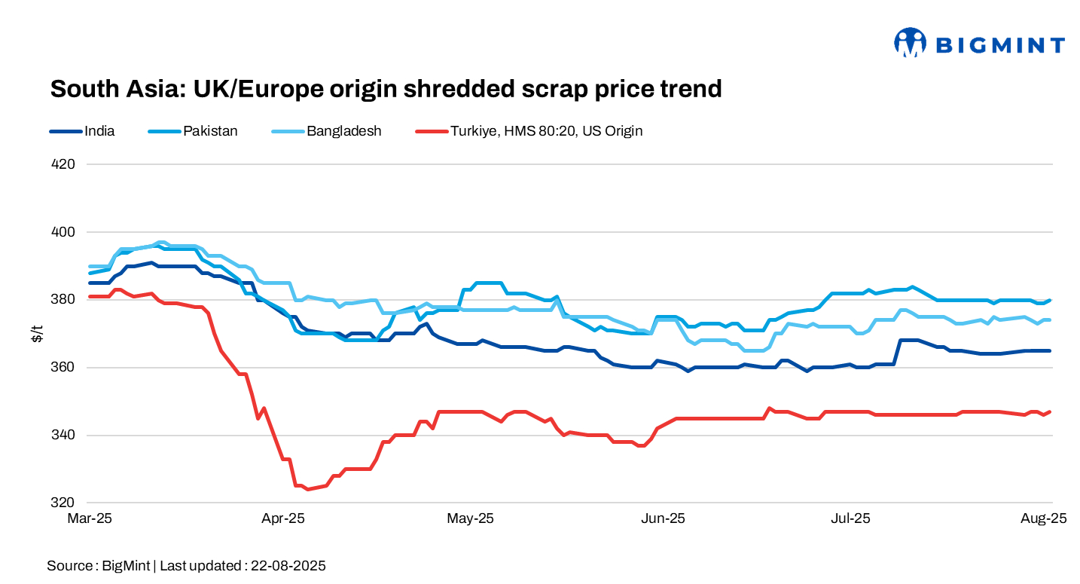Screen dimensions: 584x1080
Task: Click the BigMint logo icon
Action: tap(910, 43)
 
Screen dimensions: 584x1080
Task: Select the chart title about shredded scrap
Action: tap(386, 89)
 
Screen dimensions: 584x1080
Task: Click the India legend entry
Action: tap(99, 131)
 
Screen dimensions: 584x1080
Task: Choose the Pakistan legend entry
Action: tap(210, 131)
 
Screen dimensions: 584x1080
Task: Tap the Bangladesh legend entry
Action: tap(343, 131)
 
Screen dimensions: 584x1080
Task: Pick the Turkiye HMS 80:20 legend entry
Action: tap(546, 131)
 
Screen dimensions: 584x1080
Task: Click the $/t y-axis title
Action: tap(37, 334)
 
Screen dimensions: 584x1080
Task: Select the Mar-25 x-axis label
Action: tap(90, 518)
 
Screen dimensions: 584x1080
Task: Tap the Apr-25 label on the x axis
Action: tap(282, 518)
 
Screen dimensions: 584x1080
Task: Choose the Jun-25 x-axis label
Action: tap(664, 518)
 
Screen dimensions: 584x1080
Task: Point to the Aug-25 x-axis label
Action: tap(1044, 518)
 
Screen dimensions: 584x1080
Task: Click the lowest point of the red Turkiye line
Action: tap(307, 489)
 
